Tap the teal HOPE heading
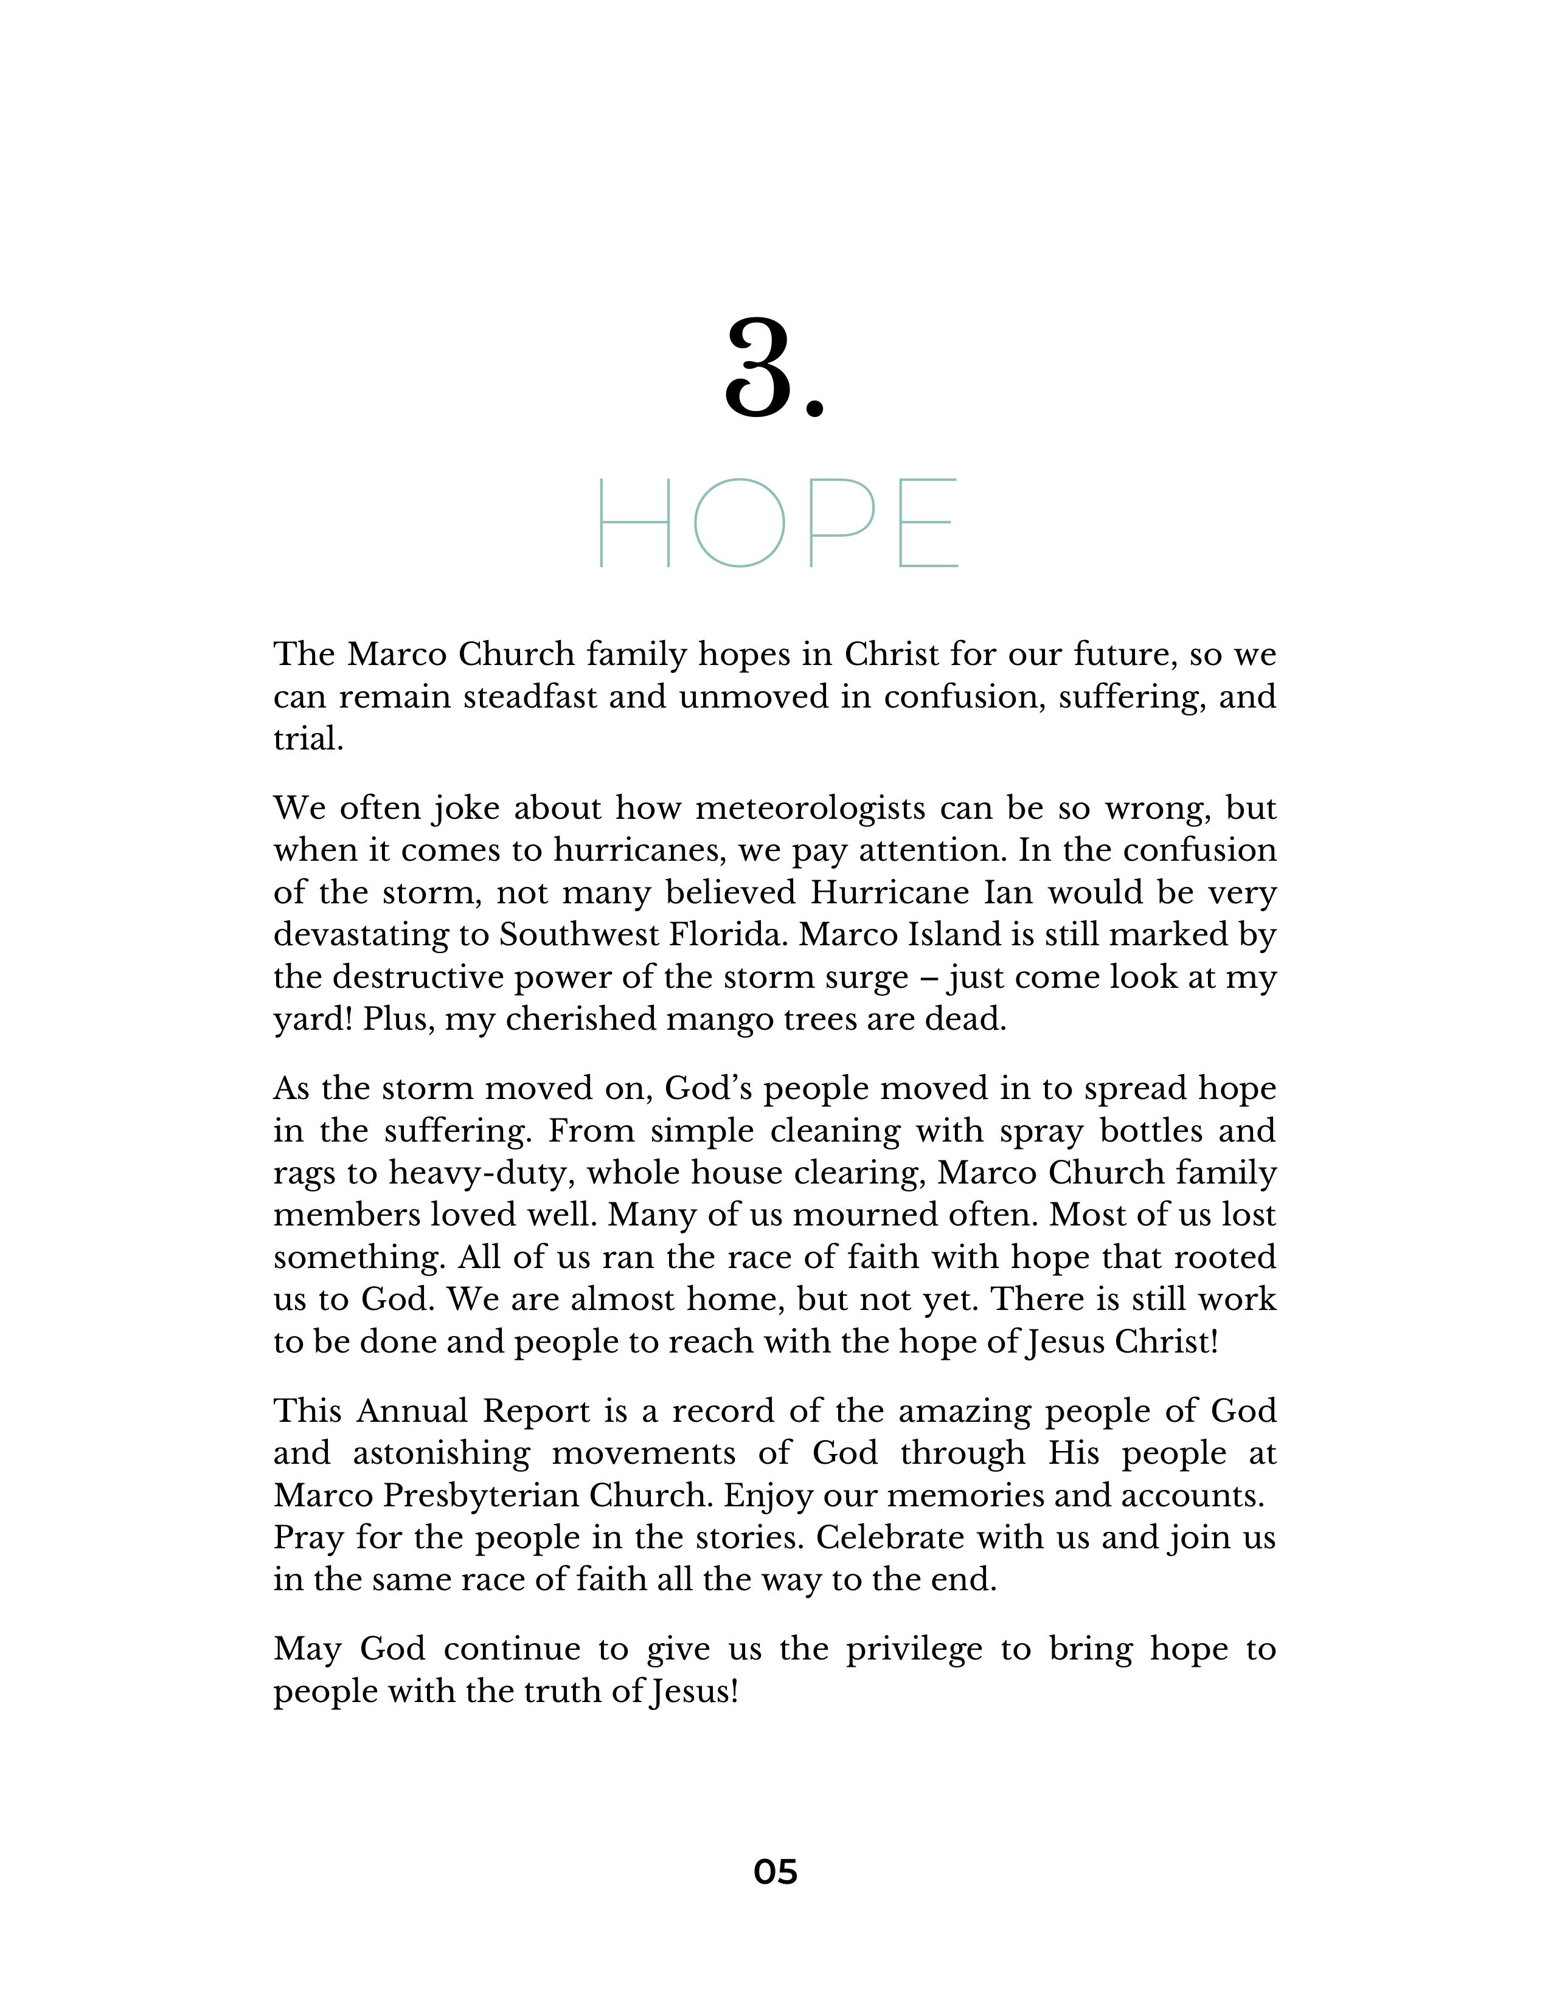point(777,523)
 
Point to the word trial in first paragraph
point(307,739)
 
